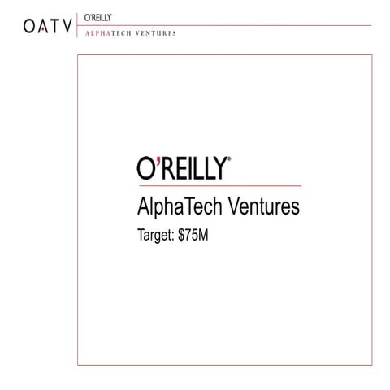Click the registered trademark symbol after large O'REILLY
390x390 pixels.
click(x=229, y=162)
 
